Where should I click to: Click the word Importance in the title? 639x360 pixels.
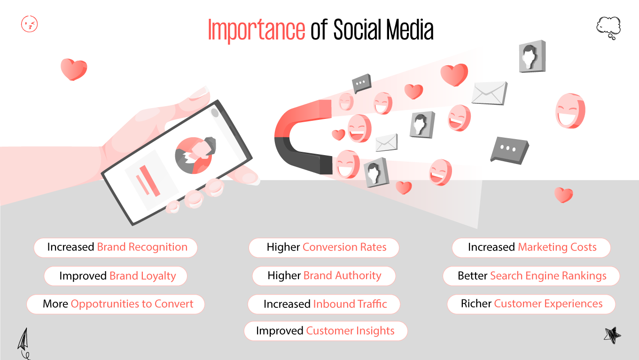click(x=256, y=30)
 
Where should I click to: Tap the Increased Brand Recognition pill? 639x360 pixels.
click(x=116, y=247)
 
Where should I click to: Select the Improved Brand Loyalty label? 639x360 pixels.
click(x=116, y=276)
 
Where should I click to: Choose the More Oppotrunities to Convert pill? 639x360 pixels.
click(x=116, y=304)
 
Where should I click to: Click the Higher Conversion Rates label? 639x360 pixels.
click(x=324, y=247)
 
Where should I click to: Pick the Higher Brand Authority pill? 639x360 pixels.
click(x=324, y=276)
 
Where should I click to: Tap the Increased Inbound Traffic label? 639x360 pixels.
click(x=324, y=304)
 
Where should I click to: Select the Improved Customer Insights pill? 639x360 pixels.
click(x=325, y=331)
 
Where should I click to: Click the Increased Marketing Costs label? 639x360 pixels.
click(x=531, y=247)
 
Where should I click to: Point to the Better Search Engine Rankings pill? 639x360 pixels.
click(x=531, y=276)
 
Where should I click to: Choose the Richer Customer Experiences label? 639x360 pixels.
click(x=531, y=304)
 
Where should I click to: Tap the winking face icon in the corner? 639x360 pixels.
click(x=30, y=24)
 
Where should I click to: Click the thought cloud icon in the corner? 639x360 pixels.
click(x=608, y=27)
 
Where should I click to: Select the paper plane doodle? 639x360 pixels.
click(x=23, y=342)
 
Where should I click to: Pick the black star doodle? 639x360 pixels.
click(x=612, y=335)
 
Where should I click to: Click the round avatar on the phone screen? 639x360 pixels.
click(x=194, y=156)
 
